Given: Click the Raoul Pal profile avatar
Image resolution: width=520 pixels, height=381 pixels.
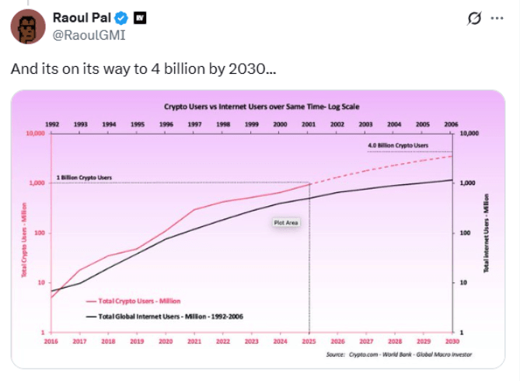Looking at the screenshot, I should [x=27, y=27].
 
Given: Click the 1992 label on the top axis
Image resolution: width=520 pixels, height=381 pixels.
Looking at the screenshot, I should [x=52, y=124].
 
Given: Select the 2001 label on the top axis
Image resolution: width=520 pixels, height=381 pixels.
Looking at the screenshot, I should [x=309, y=124].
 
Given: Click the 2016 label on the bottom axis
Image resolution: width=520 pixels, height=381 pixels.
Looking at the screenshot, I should [x=52, y=341].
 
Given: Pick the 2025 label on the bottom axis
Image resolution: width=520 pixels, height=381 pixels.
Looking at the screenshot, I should [x=309, y=341].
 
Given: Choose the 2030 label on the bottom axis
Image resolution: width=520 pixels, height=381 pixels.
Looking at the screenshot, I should [x=451, y=341].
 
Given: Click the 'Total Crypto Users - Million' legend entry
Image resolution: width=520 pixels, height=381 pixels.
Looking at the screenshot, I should [x=140, y=300].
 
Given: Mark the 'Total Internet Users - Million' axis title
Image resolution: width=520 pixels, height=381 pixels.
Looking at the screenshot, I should [x=487, y=233].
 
